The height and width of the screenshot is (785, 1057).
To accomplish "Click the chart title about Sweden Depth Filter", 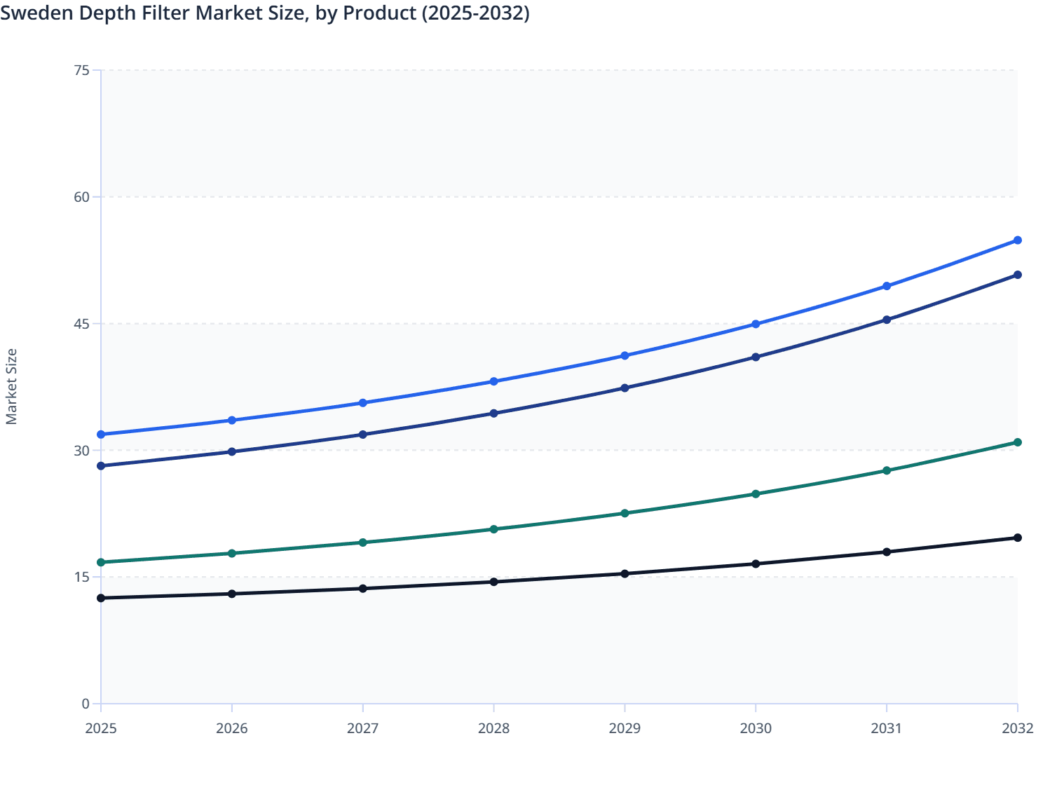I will [x=265, y=13].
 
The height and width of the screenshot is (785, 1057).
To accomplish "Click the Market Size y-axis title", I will [x=11, y=386].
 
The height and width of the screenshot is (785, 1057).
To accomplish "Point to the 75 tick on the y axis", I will [x=81, y=70].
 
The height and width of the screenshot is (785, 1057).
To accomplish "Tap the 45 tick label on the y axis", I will [x=81, y=324].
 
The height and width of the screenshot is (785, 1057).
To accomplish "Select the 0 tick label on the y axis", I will [x=86, y=704].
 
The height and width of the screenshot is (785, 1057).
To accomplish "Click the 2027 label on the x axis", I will [x=362, y=728].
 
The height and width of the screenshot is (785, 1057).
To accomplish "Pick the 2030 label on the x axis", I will [x=756, y=728].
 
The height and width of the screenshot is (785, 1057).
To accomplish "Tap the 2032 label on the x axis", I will [x=1018, y=728].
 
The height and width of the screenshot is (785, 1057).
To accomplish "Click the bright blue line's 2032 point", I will [x=1018, y=240].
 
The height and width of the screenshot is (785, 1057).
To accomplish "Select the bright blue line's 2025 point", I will [x=101, y=435].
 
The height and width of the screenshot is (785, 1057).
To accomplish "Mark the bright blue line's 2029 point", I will [x=625, y=356].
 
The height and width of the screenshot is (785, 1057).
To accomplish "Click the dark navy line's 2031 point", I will [x=887, y=320].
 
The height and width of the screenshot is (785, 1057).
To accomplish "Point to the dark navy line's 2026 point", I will [x=232, y=451].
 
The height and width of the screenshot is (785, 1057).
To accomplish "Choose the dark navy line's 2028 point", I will [x=493, y=414].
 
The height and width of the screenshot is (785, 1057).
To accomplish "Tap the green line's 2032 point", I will [x=1018, y=442].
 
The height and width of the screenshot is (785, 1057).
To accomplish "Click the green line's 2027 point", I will [x=362, y=542].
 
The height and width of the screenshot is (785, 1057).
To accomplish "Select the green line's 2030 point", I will [x=756, y=494].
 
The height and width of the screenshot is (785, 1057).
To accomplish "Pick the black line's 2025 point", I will [x=101, y=598].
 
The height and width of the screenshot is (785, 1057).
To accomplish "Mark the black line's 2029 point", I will [x=625, y=573].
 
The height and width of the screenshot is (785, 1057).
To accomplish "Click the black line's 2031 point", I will [x=887, y=552].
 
